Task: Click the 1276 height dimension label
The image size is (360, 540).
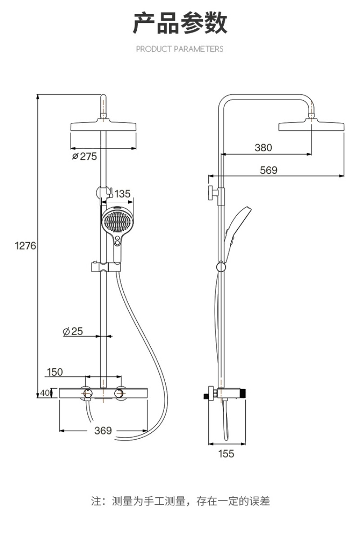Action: [x=26, y=245]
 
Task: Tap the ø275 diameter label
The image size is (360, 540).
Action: [x=84, y=156]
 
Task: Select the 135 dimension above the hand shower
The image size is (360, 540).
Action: [x=122, y=194]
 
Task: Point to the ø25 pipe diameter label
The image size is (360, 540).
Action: [x=73, y=331]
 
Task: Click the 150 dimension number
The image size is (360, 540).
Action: [x=55, y=372]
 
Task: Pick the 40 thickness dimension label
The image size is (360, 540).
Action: [x=45, y=393]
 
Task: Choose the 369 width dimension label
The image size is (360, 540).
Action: [x=103, y=431]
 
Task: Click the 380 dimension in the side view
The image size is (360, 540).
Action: [x=263, y=148]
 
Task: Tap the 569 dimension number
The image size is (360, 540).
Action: [x=269, y=170]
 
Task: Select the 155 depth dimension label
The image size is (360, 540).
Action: [x=226, y=454]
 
